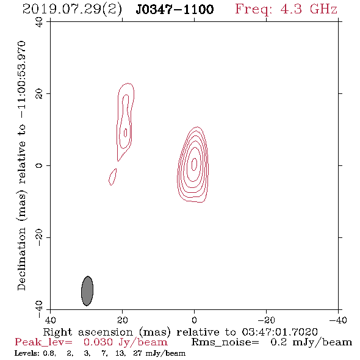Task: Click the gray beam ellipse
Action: point(87,291)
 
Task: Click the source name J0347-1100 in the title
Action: point(175,9)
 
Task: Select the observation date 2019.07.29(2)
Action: point(72,10)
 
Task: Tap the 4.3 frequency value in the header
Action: point(291,9)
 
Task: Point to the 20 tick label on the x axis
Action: point(123,320)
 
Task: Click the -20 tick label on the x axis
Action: point(266,320)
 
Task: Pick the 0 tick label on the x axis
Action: point(194,320)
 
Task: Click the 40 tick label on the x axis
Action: point(51,320)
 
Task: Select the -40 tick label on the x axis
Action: point(338,320)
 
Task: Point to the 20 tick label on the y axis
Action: point(39,94)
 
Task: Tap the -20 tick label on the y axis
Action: point(39,237)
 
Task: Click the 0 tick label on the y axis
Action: point(39,165)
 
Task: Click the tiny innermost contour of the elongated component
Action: point(124,133)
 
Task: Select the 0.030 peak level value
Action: point(98,342)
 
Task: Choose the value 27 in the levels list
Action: point(137,353)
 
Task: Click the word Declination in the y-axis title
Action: point(21,259)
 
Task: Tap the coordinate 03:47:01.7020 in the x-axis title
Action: point(279,332)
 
